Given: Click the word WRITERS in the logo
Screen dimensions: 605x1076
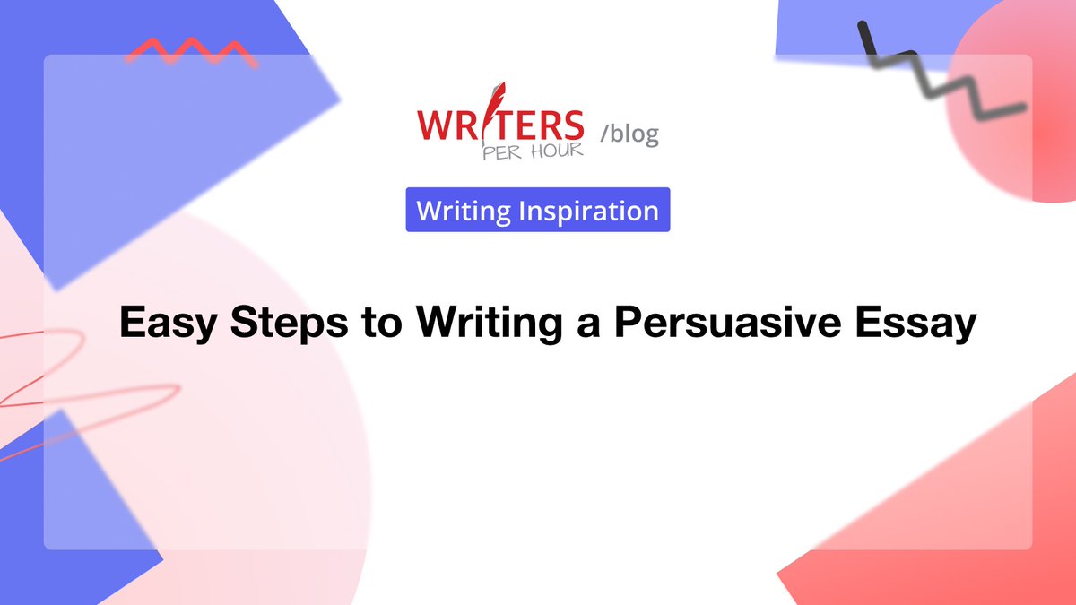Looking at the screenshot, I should (x=500, y=124).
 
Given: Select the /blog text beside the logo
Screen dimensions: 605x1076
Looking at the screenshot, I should (x=629, y=134).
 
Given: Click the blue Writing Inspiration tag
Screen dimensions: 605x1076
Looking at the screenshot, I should (x=538, y=211).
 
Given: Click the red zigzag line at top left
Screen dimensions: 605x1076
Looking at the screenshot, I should (x=190, y=51).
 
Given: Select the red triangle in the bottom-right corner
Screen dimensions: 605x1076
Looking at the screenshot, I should (x=968, y=538).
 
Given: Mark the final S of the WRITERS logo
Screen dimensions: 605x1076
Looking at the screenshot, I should (x=570, y=124).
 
